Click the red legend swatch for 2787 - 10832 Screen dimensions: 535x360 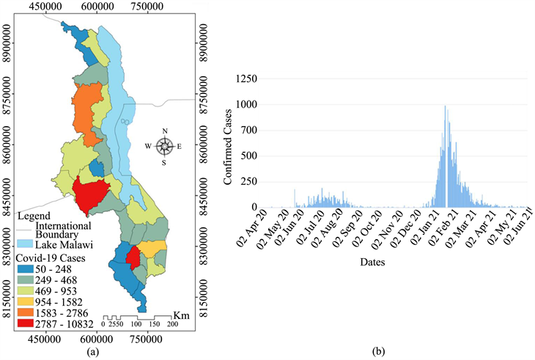[x=25, y=323]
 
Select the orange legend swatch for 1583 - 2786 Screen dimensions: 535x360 [x=25, y=312]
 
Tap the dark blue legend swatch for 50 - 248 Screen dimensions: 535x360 [x=25, y=269]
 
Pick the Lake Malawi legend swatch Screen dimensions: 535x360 [x=25, y=244]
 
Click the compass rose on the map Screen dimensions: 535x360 [x=165, y=147]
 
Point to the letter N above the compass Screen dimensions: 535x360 [x=165, y=131]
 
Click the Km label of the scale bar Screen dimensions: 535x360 [x=182, y=315]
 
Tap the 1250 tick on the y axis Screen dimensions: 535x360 [x=246, y=79]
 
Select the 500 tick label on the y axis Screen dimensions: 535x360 [x=249, y=156]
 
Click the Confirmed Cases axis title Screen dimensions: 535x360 [x=228, y=147]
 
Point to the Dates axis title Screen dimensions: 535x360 [x=372, y=262]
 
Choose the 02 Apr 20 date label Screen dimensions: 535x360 [x=253, y=227]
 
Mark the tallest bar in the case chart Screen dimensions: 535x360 [x=445, y=156]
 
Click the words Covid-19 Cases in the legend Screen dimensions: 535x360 [x=51, y=258]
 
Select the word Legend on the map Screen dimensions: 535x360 [x=34, y=216]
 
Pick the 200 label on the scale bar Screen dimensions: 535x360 [x=173, y=324]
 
